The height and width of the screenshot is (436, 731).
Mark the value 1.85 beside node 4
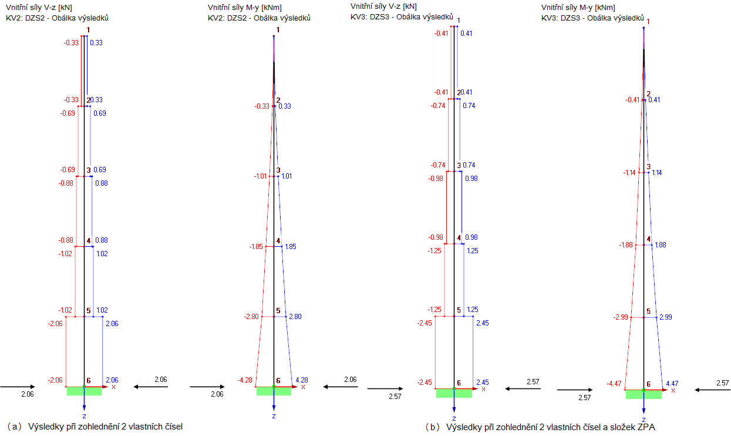pyautogui.click(x=289, y=247)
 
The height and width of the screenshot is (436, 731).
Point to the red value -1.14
pyautogui.click(x=630, y=172)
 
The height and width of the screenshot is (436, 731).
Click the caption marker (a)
pyautogui.click(x=14, y=426)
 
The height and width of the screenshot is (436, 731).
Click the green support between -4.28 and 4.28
pyautogui.click(x=274, y=391)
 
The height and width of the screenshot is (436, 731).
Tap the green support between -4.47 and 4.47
pyautogui.click(x=644, y=394)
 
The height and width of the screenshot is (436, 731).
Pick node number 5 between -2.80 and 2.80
pyautogui.click(x=278, y=310)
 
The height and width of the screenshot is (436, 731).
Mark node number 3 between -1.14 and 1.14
pyautogui.click(x=648, y=166)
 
